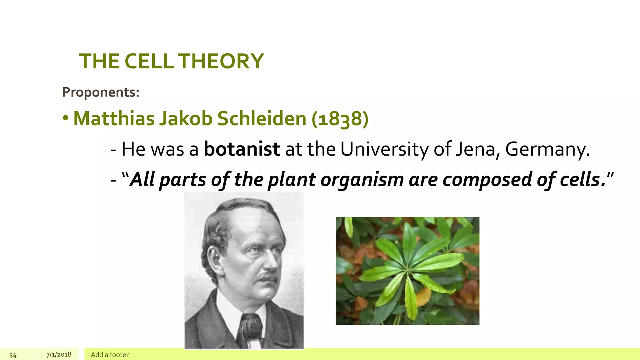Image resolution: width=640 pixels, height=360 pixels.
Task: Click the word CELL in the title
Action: [x=149, y=61]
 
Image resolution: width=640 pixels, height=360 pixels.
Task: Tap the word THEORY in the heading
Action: [x=221, y=61]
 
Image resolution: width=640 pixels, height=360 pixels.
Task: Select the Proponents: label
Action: [x=101, y=92]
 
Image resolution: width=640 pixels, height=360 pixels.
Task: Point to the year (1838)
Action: [x=340, y=119]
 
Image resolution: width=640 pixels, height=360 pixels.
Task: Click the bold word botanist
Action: [x=242, y=149]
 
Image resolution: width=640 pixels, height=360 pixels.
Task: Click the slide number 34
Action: [x=13, y=355]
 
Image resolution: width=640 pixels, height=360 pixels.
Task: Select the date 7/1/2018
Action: [x=59, y=355]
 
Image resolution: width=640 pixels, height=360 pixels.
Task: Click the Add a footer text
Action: [x=110, y=355]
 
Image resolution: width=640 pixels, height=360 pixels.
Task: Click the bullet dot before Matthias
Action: [x=65, y=118]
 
